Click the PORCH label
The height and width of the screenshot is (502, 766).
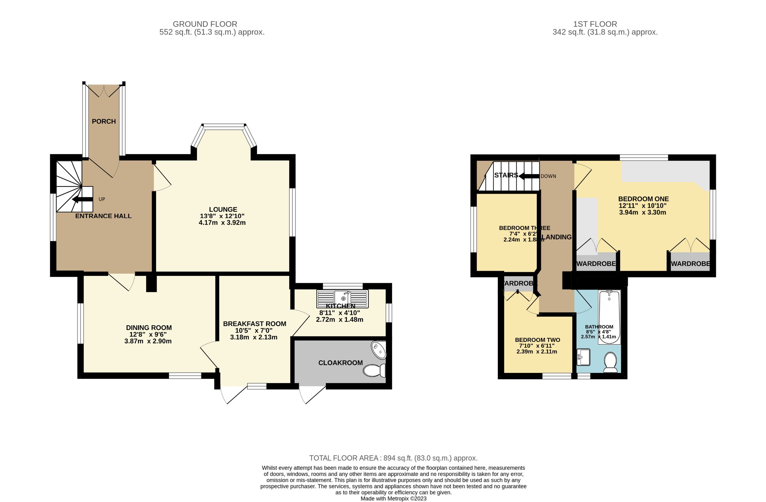point(104,121)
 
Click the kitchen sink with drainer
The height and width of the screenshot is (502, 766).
point(342,299)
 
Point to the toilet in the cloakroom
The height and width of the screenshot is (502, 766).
point(374,371)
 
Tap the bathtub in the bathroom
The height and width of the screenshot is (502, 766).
point(609,317)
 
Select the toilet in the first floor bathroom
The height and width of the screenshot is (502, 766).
point(610,362)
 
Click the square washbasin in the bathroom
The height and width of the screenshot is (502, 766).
point(583,357)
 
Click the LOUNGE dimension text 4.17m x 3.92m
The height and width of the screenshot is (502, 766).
point(222,223)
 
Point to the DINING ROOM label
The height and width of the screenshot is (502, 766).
point(149,328)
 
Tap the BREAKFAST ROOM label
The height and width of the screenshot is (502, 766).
point(255,324)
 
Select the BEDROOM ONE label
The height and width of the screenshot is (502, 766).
point(643,199)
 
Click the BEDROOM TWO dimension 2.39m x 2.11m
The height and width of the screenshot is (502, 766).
point(537,352)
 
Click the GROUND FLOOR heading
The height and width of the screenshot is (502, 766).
point(205,24)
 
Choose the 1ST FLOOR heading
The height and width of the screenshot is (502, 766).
point(595,24)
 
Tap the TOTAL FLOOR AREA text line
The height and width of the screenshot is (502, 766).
point(393,458)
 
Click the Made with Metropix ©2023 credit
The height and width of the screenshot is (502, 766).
point(393,498)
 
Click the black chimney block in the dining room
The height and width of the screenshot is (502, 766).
point(151,283)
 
